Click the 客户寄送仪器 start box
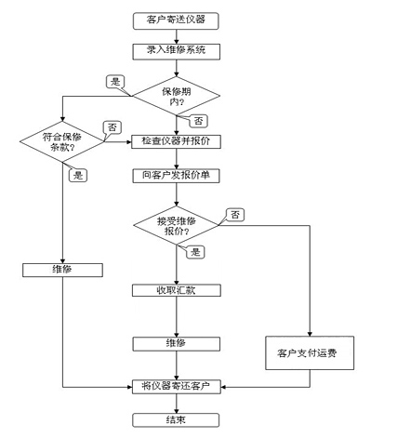(176, 20)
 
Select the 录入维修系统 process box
(177, 51)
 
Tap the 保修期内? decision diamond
(177, 96)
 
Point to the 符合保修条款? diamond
(62, 141)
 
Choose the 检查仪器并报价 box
(176, 141)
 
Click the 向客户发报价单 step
(177, 176)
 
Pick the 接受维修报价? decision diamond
(177, 225)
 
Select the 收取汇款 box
(177, 290)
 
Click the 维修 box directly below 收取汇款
(177, 344)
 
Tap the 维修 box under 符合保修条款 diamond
(62, 270)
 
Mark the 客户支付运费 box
(310, 352)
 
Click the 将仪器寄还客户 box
(177, 387)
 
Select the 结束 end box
(176, 420)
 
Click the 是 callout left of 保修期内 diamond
(115, 82)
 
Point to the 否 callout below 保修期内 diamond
(198, 121)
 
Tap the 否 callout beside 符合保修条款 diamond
(112, 127)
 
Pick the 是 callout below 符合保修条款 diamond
(78, 176)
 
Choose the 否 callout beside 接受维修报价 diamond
(235, 215)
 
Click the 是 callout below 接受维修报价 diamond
(195, 251)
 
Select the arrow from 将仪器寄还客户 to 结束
(177, 404)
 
